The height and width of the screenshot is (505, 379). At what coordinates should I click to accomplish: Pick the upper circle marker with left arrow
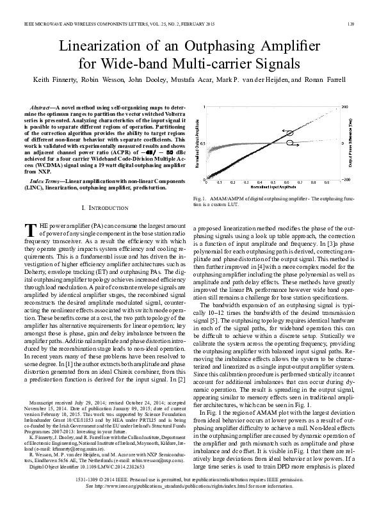(x=291, y=132)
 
